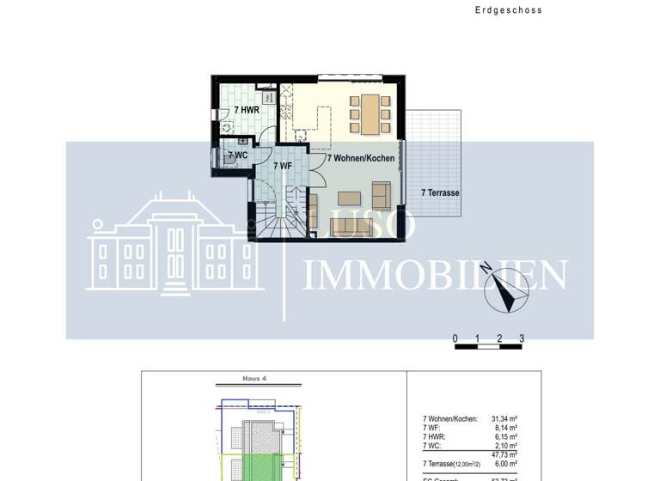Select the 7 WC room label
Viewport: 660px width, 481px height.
click(237, 155)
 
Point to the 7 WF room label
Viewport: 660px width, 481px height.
click(282, 165)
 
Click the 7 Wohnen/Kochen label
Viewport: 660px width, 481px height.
click(361, 159)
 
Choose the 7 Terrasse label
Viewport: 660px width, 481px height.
click(440, 193)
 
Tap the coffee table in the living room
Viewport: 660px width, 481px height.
click(349, 198)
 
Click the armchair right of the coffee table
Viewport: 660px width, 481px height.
click(381, 193)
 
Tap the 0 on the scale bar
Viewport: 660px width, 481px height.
click(455, 338)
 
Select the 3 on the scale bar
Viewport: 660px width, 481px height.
click(522, 338)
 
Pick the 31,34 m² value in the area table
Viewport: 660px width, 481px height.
click(502, 419)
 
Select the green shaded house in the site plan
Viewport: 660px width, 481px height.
click(258, 467)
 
